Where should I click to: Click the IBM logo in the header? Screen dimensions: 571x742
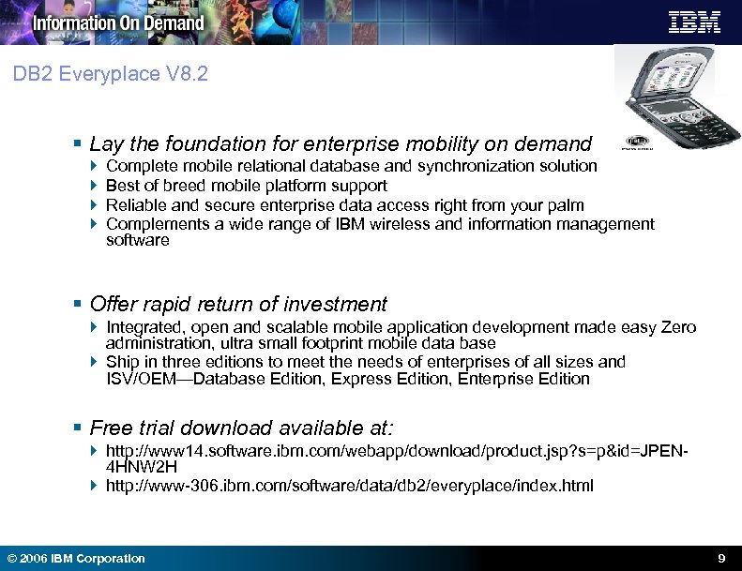point(694,22)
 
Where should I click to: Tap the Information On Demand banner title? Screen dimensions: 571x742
point(118,23)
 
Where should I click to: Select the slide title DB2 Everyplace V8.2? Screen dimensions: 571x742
point(111,74)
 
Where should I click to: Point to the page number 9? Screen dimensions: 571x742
point(720,558)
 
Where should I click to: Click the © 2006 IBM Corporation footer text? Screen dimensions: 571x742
point(76,558)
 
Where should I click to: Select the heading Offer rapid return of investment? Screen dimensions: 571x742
point(237,305)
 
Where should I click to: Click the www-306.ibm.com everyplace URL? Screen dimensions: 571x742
point(349,486)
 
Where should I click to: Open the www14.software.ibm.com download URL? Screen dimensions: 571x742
point(397,452)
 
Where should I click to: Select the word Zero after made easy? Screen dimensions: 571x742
point(677,327)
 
